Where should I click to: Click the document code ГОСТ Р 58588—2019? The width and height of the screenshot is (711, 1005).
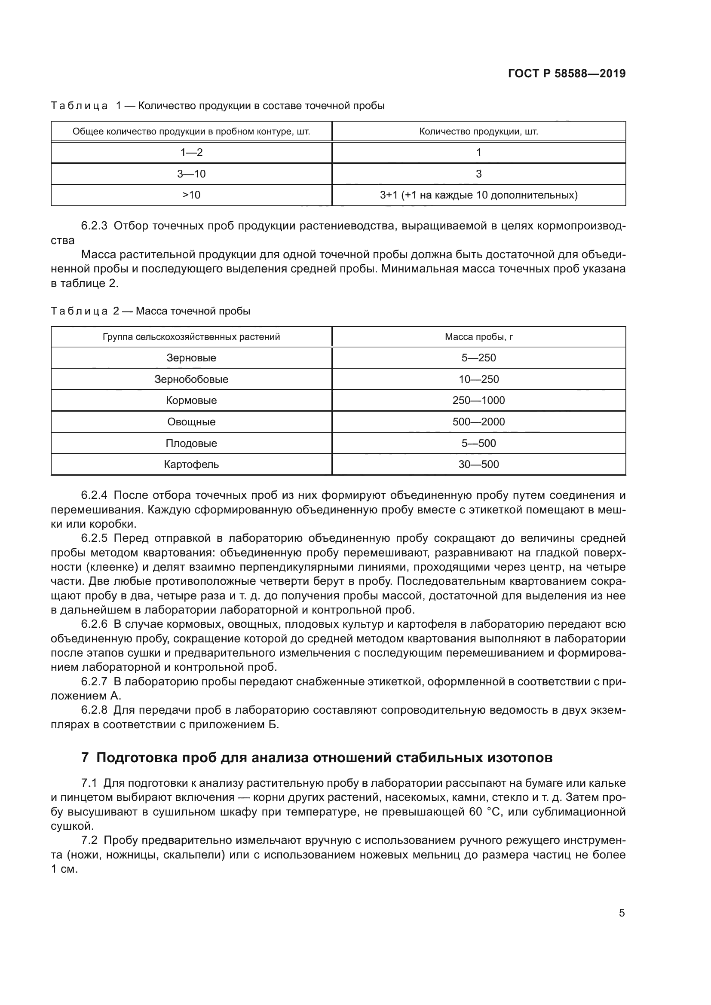click(567, 73)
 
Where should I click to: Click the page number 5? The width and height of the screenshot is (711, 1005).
click(622, 913)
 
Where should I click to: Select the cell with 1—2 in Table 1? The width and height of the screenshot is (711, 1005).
click(191, 153)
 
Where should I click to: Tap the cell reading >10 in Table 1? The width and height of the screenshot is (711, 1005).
click(191, 195)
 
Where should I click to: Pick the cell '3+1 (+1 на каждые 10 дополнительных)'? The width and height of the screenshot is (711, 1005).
click(478, 195)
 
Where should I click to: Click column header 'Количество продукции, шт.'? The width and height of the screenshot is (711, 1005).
click(478, 131)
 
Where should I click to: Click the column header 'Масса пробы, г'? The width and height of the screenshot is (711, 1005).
click(478, 336)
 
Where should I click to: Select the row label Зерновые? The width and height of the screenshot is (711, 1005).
click(191, 357)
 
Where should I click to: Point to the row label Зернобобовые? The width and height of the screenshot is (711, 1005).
click(191, 379)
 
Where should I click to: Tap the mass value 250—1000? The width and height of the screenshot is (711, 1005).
click(478, 400)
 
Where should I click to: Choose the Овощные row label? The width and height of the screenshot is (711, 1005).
click(191, 422)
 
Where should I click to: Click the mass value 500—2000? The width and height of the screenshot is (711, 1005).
click(478, 422)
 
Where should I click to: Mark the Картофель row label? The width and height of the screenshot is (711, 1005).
click(191, 464)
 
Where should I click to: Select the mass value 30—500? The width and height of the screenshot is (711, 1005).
click(478, 464)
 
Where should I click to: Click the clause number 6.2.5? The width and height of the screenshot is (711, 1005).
click(94, 538)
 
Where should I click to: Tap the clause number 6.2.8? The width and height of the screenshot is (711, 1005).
click(94, 709)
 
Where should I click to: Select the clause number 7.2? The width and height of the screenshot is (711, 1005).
click(89, 840)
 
